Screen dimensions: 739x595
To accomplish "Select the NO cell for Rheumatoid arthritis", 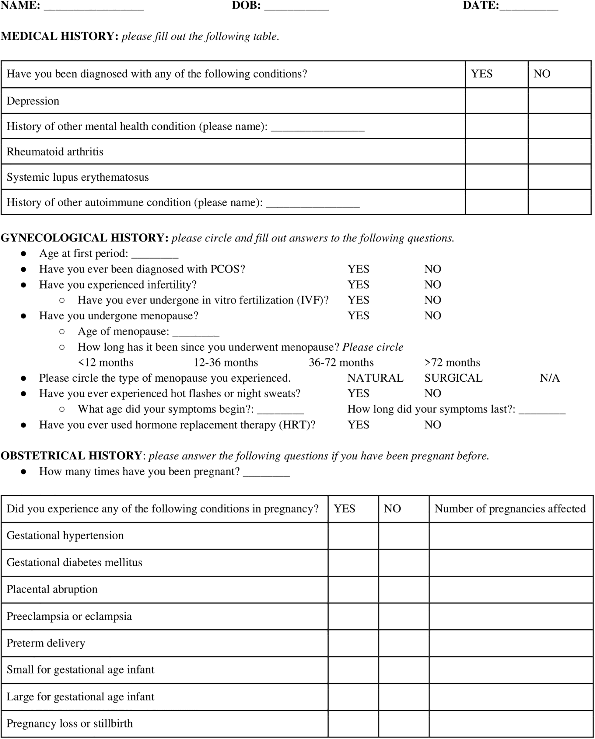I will (x=559, y=151).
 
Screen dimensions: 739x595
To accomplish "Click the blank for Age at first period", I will (x=155, y=254).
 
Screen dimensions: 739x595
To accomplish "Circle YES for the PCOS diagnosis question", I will (x=359, y=269).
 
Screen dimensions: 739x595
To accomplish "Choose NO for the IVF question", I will (x=432, y=300).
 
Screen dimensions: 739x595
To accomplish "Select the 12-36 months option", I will (x=226, y=363).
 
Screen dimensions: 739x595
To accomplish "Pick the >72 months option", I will (x=452, y=363).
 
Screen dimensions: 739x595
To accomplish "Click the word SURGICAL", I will (x=453, y=378).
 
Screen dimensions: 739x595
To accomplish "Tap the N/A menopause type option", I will (x=549, y=378).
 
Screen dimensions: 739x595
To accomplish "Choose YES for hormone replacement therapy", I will (x=359, y=425).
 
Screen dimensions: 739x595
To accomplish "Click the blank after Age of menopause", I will (x=196, y=332).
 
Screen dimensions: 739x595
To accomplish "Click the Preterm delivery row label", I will (x=46, y=643).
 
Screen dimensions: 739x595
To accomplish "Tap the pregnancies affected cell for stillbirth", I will (x=511, y=723).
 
